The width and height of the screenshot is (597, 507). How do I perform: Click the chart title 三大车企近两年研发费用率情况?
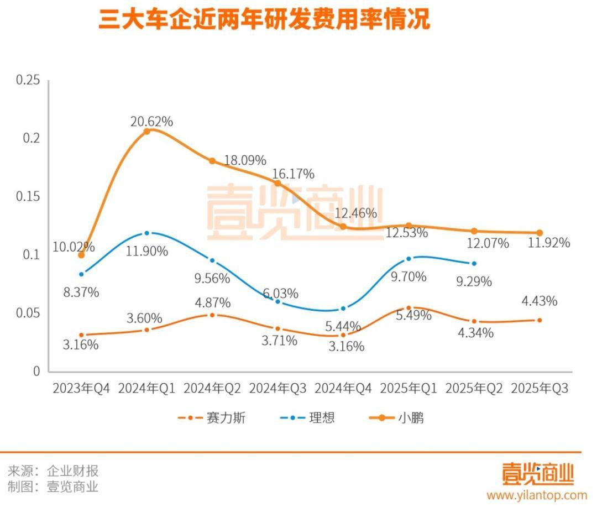(x=264, y=20)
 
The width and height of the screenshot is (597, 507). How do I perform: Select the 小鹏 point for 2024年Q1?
(x=146, y=132)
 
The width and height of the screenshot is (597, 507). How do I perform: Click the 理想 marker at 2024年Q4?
(x=343, y=309)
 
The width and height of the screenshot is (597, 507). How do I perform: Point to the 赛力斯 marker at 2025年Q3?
(x=540, y=320)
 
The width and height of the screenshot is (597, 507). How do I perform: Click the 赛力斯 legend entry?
(x=212, y=417)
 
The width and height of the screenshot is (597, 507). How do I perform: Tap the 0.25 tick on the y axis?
(x=28, y=80)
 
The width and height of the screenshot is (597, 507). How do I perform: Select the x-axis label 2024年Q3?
(x=277, y=388)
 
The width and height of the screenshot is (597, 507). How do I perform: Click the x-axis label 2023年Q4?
(x=81, y=388)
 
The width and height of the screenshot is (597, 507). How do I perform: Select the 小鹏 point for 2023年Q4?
(x=81, y=255)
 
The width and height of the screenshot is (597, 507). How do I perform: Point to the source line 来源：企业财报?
(x=53, y=471)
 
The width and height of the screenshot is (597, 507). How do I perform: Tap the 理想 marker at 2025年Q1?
(x=409, y=259)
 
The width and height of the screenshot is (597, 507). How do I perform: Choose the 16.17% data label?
(x=293, y=174)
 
